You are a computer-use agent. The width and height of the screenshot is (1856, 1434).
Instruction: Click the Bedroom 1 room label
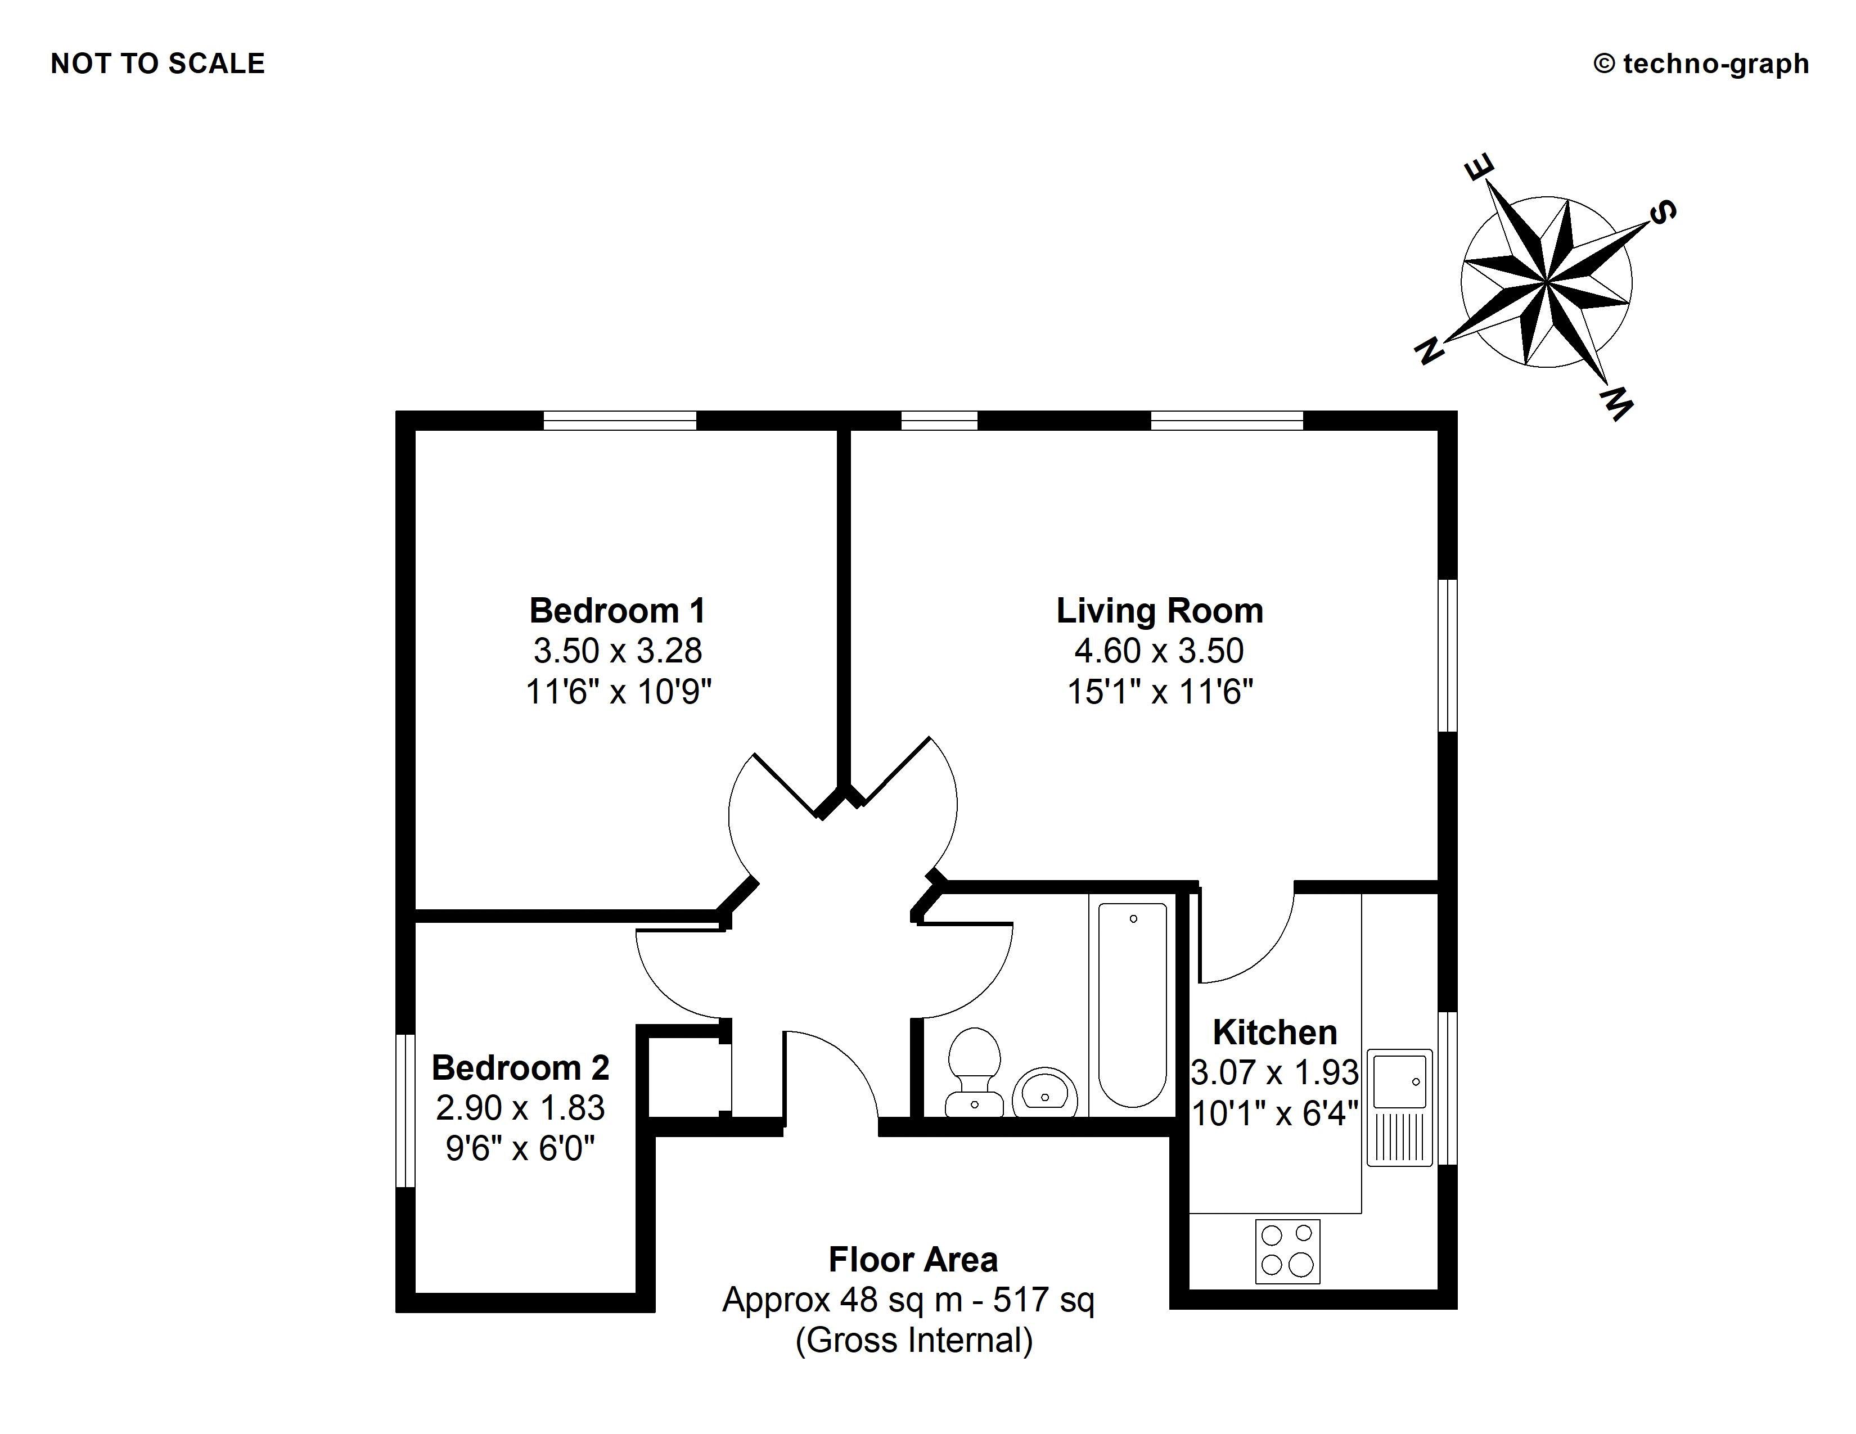[617, 611]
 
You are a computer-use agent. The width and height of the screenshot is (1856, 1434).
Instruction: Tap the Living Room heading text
[1159, 611]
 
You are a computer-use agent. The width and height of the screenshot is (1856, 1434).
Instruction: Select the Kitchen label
[1274, 1032]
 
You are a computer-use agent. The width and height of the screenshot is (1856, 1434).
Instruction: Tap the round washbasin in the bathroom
[1046, 1093]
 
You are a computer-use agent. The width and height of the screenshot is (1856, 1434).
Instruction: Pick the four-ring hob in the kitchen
[1287, 1251]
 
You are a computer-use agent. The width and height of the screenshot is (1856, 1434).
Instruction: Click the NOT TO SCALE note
[158, 64]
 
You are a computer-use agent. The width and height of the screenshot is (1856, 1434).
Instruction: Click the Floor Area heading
[913, 1260]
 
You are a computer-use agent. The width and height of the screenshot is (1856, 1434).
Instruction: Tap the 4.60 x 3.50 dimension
[1159, 651]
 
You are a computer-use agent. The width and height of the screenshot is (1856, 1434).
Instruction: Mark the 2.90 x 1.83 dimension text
[520, 1108]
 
